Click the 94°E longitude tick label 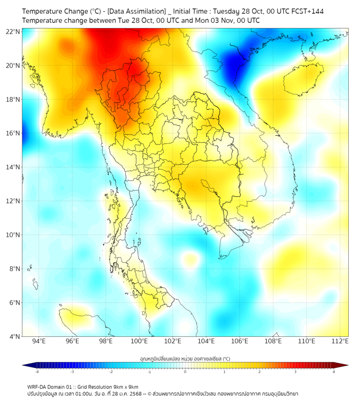(x=39, y=341)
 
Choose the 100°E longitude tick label (x=140, y=341)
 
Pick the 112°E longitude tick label (x=340, y=341)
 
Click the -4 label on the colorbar (x=36, y=372)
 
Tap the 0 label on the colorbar (x=185, y=372)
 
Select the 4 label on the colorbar (x=334, y=372)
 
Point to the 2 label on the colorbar (x=259, y=372)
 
